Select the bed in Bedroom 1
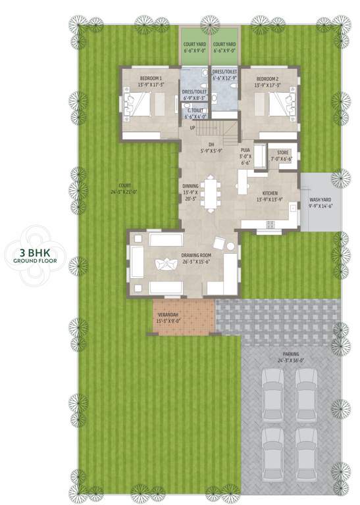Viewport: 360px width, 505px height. click(x=145, y=104)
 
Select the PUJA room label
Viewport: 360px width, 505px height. click(x=245, y=151)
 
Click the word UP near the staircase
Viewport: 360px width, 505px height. click(x=193, y=127)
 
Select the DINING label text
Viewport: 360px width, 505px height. click(x=190, y=186)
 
